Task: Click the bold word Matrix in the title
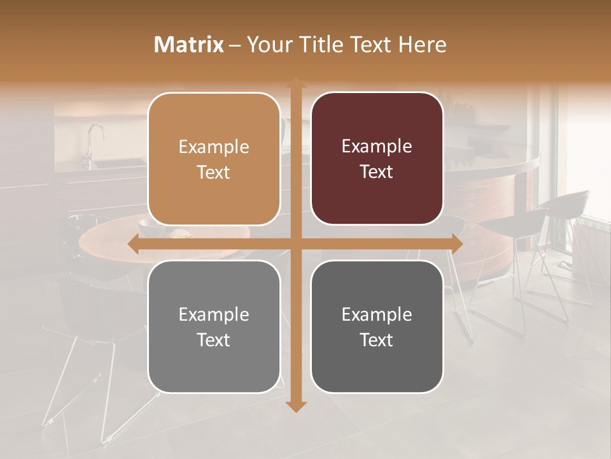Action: pos(189,45)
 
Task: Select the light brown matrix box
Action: pos(214,159)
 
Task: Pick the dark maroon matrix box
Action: pos(377,159)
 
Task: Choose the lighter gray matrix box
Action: pos(214,326)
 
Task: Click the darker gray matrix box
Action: pos(377,326)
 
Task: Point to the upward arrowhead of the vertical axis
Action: pos(296,82)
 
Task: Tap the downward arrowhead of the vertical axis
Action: pos(296,406)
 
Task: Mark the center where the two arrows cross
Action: pos(296,244)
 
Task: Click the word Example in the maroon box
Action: pos(377,147)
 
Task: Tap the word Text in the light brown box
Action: pos(214,172)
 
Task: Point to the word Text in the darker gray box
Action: pos(377,340)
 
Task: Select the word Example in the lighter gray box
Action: pos(214,314)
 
